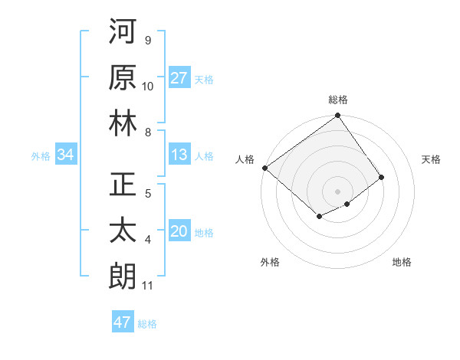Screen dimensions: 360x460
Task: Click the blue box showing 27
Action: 179,78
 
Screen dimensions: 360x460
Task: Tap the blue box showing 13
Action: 179,155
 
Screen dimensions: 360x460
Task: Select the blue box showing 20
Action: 179,232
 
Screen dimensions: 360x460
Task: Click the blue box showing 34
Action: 65,155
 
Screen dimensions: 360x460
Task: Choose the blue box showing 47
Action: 123,322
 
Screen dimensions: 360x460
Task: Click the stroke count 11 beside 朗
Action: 148,286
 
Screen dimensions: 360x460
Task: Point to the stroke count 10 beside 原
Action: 148,86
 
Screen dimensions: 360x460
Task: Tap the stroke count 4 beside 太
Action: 148,241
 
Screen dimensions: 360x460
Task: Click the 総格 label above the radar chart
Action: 338,100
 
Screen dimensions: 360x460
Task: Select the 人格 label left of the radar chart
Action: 245,159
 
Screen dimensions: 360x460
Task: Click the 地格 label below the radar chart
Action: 402,262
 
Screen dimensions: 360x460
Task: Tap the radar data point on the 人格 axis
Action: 264,168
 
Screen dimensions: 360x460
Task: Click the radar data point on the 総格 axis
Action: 338,116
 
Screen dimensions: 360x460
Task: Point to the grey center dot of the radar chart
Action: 338,191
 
